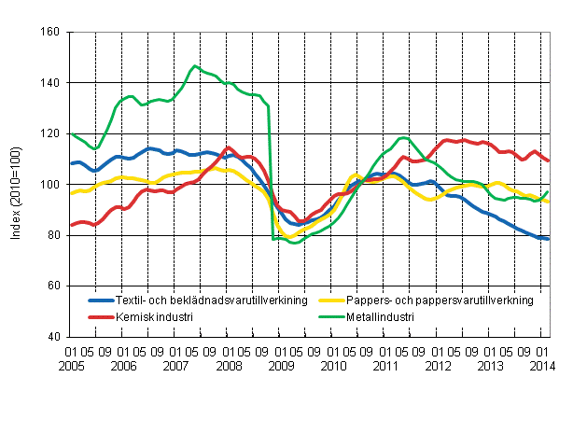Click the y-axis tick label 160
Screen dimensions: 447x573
pyautogui.click(x=51, y=33)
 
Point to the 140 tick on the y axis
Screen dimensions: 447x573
pyautogui.click(x=51, y=83)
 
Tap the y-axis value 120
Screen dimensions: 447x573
pyautogui.click(x=51, y=133)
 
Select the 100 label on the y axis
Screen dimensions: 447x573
pyautogui.click(x=51, y=185)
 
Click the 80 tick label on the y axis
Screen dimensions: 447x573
pyautogui.click(x=54, y=235)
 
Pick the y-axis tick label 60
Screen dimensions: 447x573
pyautogui.click(x=54, y=286)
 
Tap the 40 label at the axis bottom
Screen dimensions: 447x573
pyautogui.click(x=54, y=336)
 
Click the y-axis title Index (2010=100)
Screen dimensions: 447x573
pyautogui.click(x=16, y=184)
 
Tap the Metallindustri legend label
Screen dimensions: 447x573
pyautogui.click(x=381, y=317)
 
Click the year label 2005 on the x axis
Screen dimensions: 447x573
pyautogui.click(x=80, y=367)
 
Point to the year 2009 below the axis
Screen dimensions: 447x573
pyautogui.click(x=281, y=367)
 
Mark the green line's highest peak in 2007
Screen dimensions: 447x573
pyautogui.click(x=194, y=66)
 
